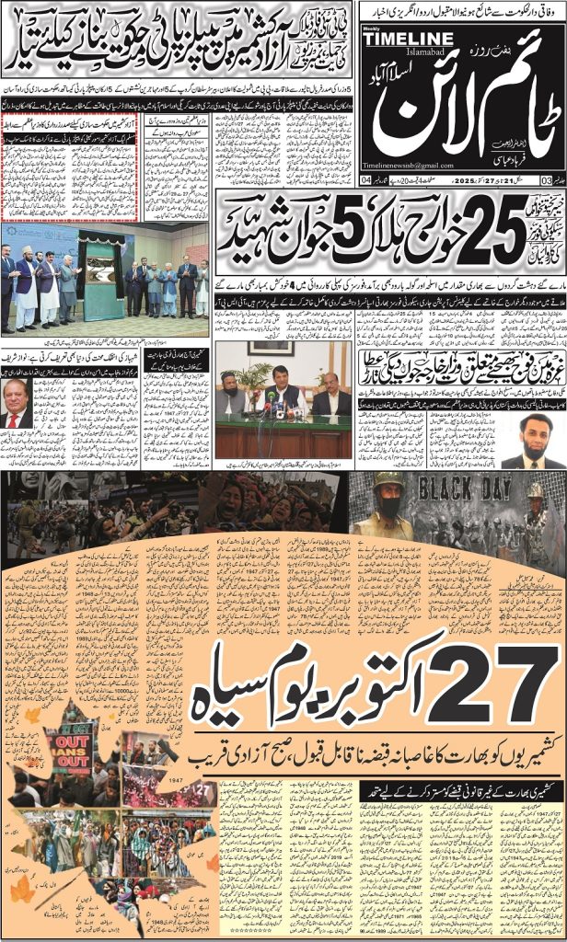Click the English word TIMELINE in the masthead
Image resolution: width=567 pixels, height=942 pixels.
(x=414, y=38)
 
